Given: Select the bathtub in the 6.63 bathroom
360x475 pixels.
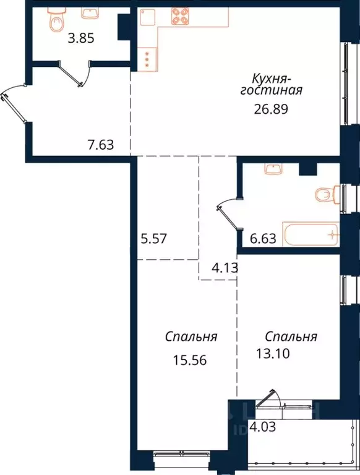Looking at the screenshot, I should pyautogui.click(x=311, y=234).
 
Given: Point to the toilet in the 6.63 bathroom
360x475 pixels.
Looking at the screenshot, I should pyautogui.click(x=326, y=195).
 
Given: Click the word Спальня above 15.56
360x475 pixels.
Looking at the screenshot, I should pyautogui.click(x=191, y=337).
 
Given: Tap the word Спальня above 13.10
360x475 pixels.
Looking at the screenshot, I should pyautogui.click(x=291, y=337).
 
